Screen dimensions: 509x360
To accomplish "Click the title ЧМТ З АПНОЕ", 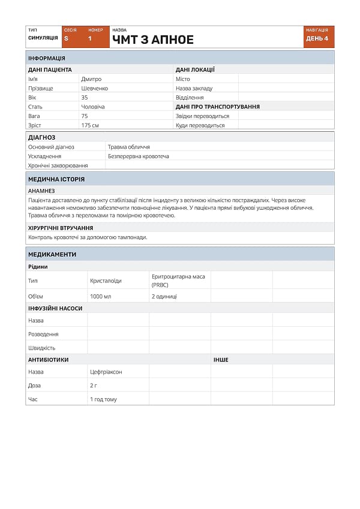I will coord(153,40).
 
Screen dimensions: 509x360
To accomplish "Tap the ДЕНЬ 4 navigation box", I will coord(317,38).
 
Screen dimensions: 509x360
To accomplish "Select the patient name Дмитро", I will coord(91,79).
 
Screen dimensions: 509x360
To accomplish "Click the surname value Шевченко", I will coord(95,88).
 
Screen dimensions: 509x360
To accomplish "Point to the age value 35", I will coord(85,97).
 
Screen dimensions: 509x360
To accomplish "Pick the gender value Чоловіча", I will coord(93,107).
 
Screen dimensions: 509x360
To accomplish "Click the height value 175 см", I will coord(90,125).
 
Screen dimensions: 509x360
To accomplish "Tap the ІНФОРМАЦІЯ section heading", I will coord(47,58).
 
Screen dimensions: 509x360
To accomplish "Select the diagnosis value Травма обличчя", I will coord(128,147).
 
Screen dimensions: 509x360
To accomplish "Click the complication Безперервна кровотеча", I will coord(138,156).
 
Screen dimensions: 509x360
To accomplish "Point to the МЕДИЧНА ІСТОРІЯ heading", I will coord(56,179).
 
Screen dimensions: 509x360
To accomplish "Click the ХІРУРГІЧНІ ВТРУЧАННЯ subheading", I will coord(61,228).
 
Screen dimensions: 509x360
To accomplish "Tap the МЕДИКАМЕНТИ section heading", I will coord(52,254).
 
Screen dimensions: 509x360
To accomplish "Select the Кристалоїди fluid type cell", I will coord(106,280).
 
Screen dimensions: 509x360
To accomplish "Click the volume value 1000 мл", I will coord(101,296).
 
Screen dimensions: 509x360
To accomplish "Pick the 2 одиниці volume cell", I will coord(164,296).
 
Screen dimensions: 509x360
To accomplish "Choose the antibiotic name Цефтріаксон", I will coord(106,372).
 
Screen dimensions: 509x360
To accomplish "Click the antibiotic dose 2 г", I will coord(94,385).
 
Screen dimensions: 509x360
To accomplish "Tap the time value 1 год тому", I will coord(103,399).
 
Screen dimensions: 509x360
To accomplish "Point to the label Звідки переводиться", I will coord(202,116).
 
